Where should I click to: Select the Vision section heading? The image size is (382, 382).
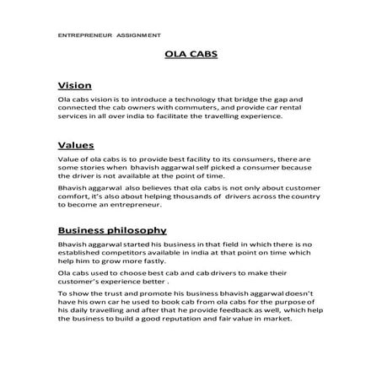(74, 86)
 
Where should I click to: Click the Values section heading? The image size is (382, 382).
(75, 144)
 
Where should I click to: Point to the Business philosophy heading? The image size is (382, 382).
(111, 229)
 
